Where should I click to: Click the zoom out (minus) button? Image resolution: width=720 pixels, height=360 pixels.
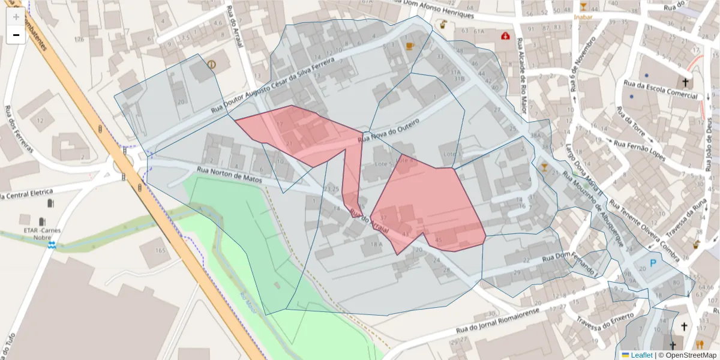(16, 35)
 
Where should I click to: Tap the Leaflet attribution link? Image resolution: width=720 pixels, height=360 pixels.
(641, 355)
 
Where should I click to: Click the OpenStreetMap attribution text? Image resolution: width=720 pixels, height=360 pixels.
(688, 355)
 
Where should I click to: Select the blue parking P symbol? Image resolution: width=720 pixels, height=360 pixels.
(653, 263)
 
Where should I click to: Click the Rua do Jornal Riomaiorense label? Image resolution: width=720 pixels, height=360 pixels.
(497, 320)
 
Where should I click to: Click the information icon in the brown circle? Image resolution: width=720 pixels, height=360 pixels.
(211, 64)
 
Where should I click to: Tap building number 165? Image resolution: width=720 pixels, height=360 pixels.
(160, 250)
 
